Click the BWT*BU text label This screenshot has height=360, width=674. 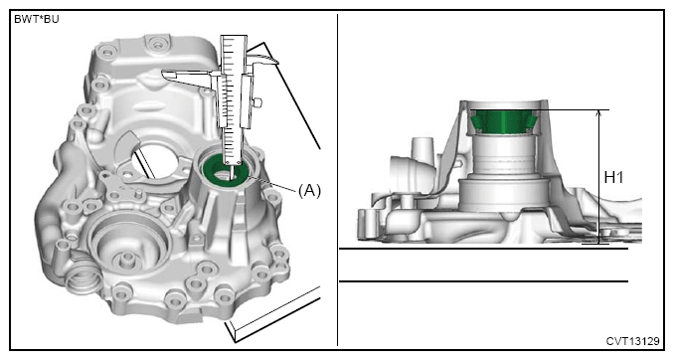click(x=37, y=19)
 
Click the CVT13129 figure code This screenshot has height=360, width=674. click(x=632, y=341)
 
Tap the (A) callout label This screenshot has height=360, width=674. click(x=309, y=190)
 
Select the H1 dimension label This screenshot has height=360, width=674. click(x=613, y=177)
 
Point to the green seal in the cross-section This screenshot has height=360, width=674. click(x=503, y=121)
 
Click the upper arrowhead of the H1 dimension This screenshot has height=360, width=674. click(x=598, y=112)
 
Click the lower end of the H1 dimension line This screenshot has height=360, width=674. click(x=598, y=244)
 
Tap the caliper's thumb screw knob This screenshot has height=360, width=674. click(x=257, y=102)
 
